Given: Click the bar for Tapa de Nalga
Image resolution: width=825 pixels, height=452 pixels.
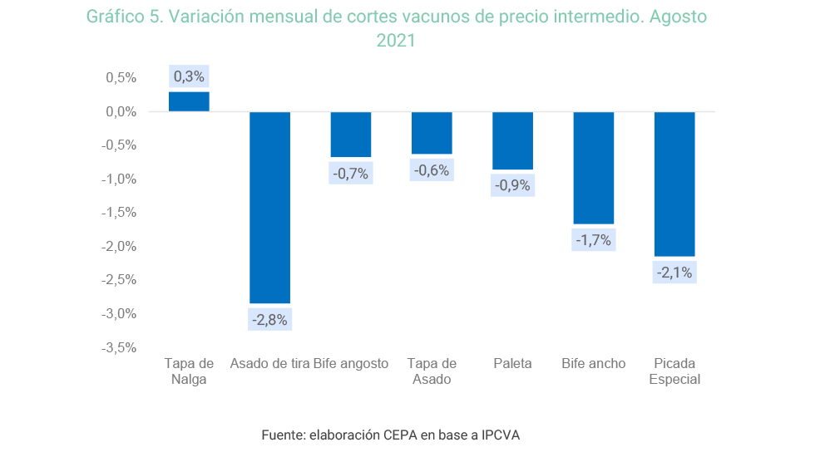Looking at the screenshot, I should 189,101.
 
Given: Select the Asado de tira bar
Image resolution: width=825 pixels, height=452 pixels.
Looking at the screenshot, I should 270,208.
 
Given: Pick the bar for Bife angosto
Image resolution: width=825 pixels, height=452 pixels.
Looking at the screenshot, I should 351,134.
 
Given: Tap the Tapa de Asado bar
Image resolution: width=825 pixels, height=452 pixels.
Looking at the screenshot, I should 432,133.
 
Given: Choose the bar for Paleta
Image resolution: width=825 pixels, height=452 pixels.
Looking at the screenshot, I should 512,140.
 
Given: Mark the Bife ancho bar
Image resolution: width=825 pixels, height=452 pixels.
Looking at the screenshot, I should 594,168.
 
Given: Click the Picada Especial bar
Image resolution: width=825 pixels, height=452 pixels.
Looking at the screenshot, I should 674,184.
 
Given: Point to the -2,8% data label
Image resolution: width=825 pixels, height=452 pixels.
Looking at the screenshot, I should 270,320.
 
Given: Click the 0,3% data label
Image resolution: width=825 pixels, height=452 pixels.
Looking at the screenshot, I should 189,76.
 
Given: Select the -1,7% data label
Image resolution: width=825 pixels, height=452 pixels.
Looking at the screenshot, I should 594,240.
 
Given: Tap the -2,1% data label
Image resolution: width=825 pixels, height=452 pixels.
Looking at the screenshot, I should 674,273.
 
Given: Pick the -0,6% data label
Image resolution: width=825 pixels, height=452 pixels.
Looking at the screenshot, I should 432,170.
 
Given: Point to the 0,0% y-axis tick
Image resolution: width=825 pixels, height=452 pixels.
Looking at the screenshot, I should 120,111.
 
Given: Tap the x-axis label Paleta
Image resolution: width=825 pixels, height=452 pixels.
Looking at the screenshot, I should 512,363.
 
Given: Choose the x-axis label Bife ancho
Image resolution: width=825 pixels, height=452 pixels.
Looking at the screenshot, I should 594,363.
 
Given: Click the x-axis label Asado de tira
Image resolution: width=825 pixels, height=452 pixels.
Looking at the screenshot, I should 269,363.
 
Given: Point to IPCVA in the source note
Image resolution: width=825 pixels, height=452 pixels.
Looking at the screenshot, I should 501,435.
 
